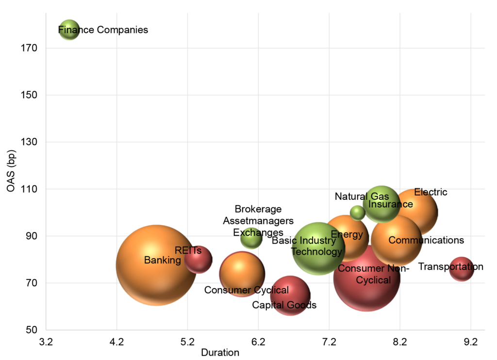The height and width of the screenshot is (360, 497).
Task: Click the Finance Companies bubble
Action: (x=69, y=30)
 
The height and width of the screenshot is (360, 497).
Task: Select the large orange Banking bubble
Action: (x=156, y=265)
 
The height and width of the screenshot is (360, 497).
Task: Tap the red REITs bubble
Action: (x=198, y=260)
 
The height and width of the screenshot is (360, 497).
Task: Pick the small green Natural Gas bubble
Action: (x=357, y=213)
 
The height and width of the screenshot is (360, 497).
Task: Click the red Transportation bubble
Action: (x=461, y=269)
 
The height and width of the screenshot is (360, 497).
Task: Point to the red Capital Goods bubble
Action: (x=290, y=295)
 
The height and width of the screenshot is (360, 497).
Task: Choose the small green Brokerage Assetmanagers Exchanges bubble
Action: (x=251, y=238)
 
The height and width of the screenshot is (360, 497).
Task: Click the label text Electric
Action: (x=431, y=192)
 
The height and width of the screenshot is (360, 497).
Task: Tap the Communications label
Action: (x=426, y=240)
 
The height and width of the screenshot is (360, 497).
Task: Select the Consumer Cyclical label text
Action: (x=246, y=290)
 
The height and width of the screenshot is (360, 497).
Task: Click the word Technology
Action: (x=316, y=252)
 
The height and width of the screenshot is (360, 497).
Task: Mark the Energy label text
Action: (x=347, y=235)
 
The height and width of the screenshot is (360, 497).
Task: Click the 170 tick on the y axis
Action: (x=32, y=48)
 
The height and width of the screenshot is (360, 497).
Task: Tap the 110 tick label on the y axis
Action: (x=32, y=189)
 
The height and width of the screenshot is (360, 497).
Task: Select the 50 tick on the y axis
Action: (x=34, y=330)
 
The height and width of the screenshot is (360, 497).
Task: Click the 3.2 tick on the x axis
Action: (x=46, y=342)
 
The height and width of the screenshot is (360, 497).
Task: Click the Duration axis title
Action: (x=220, y=353)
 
